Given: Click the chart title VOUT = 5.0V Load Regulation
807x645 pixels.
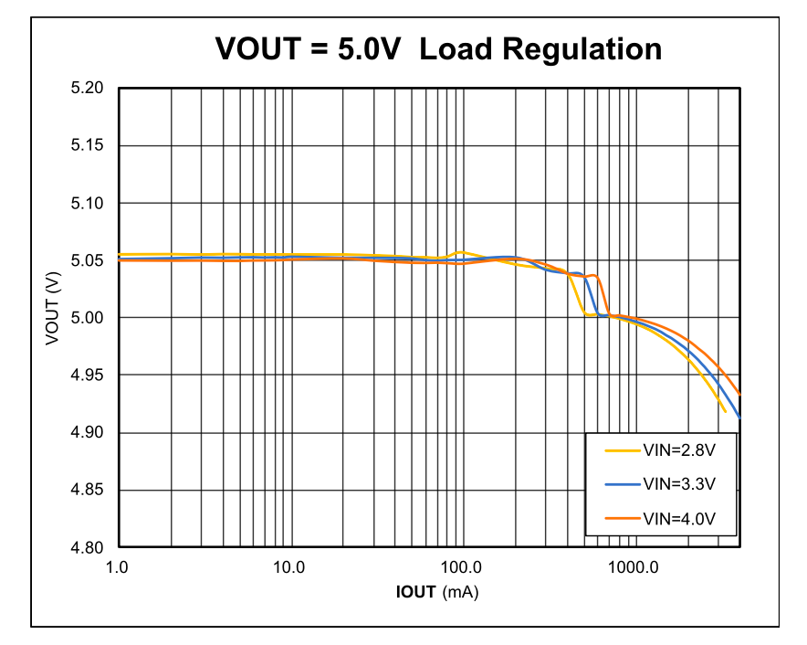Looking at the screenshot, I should point(438,48).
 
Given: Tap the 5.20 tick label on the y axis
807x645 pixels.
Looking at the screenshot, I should point(88,89).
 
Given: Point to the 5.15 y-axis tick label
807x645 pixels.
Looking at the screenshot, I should point(88,146).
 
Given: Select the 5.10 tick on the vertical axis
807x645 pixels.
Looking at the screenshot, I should point(88,204).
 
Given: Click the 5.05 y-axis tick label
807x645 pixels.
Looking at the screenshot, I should point(88,261).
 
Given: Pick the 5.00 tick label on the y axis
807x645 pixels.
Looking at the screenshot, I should point(88,319).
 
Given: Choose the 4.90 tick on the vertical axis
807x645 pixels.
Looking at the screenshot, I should point(88,433).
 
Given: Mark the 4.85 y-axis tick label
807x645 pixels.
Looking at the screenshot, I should point(88,491).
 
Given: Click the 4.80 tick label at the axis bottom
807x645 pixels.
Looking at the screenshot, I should point(88,548).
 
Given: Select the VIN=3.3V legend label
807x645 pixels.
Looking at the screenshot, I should point(676,483).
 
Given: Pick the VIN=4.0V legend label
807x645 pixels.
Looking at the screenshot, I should point(676,518).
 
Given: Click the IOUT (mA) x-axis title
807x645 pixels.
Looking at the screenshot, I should point(437,592).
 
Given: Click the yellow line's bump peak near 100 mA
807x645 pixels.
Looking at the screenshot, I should point(462,251).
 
